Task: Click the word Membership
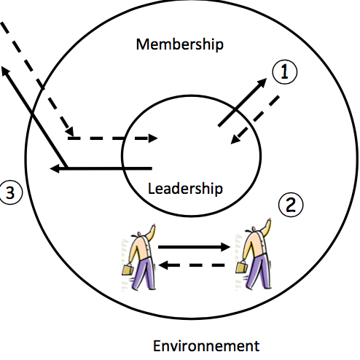pos(180,44)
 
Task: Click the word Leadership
pos(185,189)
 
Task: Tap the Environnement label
pos(206,345)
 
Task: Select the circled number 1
pos(285,72)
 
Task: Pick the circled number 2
pos(291,205)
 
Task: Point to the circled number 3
pos(10,192)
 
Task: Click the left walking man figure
pos(139,257)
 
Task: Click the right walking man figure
pos(254,254)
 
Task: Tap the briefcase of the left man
pos(128,270)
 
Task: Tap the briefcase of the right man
pos(241,267)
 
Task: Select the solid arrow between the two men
pos(194,247)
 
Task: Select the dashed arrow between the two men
pos(192,265)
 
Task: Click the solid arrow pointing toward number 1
pos(242,102)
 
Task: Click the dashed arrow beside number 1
pos(255,120)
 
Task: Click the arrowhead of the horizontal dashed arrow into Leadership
pos(153,138)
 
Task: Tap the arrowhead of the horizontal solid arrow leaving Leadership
pos(55,168)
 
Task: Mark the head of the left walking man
pos(139,234)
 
